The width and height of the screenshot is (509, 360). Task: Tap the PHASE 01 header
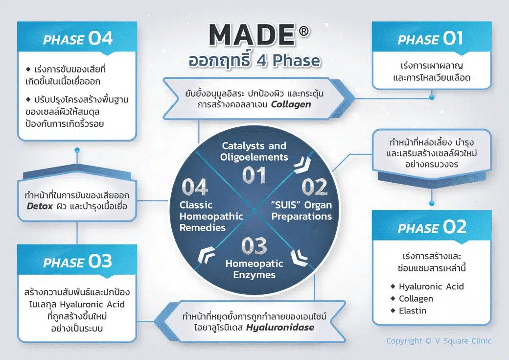[431, 39]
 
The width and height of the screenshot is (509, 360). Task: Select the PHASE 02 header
[432, 227]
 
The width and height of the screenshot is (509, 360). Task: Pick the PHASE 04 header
[77, 39]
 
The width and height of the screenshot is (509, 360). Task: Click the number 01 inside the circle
[254, 175]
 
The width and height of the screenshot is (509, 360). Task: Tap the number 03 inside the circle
[254, 246]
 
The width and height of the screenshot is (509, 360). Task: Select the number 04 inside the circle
[194, 187]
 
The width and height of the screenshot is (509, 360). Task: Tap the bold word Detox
[40, 206]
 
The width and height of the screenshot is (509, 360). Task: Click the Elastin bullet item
[412, 311]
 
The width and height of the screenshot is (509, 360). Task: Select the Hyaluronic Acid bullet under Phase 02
[431, 287]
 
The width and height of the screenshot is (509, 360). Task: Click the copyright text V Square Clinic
[439, 341]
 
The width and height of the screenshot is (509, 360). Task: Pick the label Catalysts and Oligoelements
[254, 151]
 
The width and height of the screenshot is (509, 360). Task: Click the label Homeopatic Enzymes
[254, 269]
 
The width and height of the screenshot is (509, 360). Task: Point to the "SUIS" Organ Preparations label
[301, 211]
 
